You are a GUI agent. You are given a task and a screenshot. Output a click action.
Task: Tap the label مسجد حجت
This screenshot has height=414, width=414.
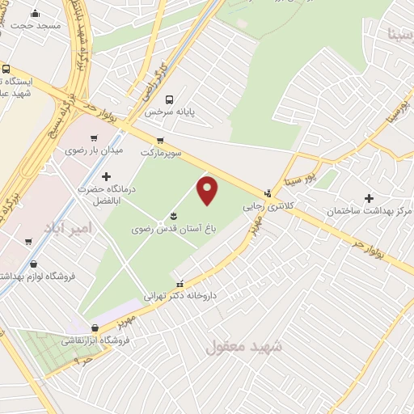tap(36, 26)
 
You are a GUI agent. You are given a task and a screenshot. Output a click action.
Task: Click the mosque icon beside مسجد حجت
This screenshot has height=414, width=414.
tap(35, 13)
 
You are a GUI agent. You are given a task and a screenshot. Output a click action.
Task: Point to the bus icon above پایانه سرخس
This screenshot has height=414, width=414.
tap(169, 100)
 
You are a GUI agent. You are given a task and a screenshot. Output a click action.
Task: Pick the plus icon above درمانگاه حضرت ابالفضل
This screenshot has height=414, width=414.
tap(106, 176)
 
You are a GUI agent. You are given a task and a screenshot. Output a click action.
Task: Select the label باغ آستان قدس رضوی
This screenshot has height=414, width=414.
tap(172, 230)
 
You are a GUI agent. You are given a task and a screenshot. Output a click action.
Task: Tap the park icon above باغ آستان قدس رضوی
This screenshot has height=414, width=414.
tap(173, 216)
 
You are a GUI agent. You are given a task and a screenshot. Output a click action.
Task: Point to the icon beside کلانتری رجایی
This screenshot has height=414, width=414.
tap(268, 193)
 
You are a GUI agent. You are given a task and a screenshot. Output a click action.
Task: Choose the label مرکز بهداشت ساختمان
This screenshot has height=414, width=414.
tap(370, 211)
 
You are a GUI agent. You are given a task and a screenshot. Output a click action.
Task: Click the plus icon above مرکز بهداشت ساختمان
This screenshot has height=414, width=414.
tap(370, 197)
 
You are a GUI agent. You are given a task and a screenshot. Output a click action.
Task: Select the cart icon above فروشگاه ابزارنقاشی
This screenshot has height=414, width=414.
tap(95, 328)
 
